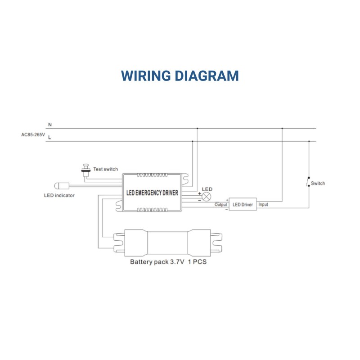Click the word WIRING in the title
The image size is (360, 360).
pos(146,76)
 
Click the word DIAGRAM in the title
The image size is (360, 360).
pos(207,76)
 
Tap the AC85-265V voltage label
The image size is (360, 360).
pos(33,135)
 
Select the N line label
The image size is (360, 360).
pos(50,125)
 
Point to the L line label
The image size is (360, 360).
pos(49,138)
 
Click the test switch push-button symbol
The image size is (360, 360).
pos(85,170)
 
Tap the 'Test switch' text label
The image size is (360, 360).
pos(105,169)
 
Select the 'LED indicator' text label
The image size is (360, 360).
pos(59,195)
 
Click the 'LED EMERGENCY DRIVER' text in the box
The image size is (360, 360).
pos(152,193)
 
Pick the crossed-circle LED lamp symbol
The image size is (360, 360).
pos(207,197)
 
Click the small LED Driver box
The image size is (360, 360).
pos(243,204)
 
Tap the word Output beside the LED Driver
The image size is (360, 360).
pos(221,204)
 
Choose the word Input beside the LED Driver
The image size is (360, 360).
pos(263,204)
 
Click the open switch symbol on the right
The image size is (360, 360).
pos(308,182)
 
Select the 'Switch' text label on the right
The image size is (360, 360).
pos(318,183)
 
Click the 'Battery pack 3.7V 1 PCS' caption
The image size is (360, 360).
pos(168,262)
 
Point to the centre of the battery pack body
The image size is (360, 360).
pos(167,243)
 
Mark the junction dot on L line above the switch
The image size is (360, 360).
pos(309,141)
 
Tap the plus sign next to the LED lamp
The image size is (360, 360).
pos(199,193)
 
